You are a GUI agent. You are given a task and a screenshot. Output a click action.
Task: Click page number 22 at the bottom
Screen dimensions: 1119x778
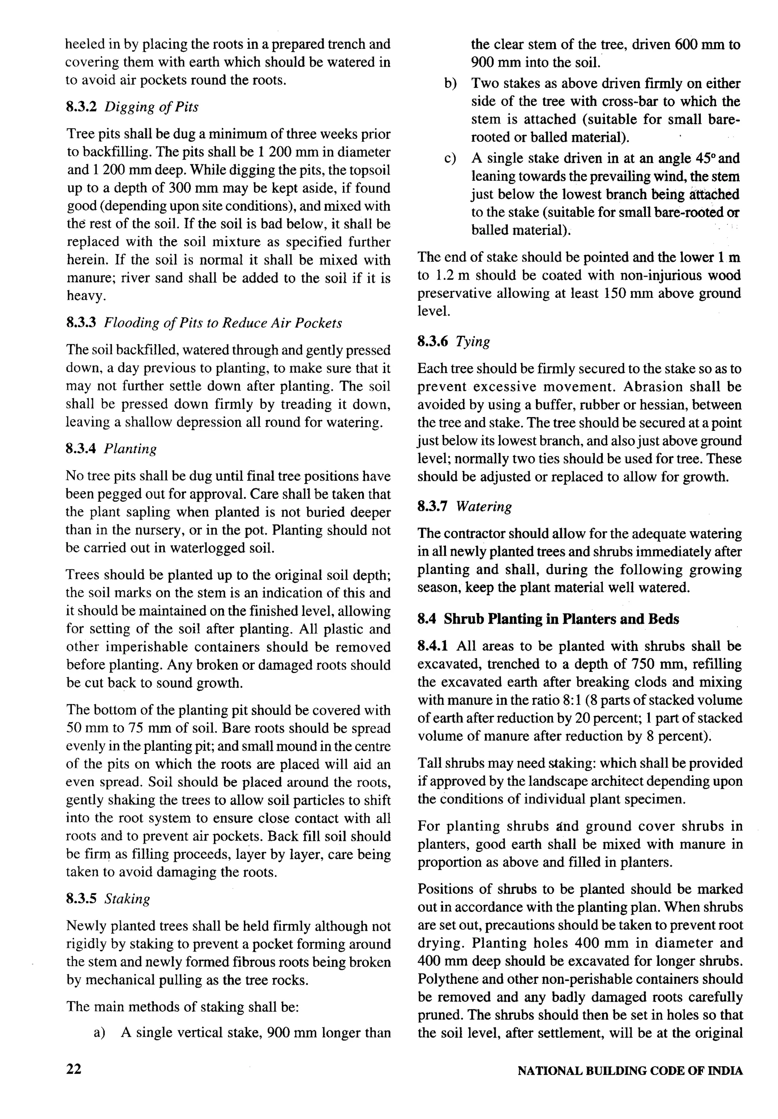click(x=74, y=1069)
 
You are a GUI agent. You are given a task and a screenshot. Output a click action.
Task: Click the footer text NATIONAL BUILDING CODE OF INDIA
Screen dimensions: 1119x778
click(x=630, y=1071)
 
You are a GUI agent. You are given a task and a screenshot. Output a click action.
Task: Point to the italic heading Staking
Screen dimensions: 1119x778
click(x=127, y=898)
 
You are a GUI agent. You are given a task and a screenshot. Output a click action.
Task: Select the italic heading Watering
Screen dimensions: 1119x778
click(x=484, y=506)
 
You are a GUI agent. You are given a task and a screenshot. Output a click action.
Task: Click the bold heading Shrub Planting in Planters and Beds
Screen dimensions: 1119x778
click(x=561, y=619)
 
